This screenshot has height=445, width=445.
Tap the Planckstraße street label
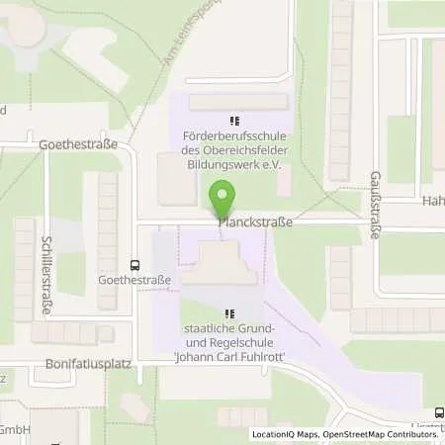click(255, 223)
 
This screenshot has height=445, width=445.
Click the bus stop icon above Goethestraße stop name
click(134, 265)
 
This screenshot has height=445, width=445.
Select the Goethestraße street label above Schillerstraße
click(77, 143)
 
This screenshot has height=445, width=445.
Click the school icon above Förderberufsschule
click(234, 122)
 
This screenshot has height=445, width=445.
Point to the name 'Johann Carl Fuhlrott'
click(229, 359)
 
